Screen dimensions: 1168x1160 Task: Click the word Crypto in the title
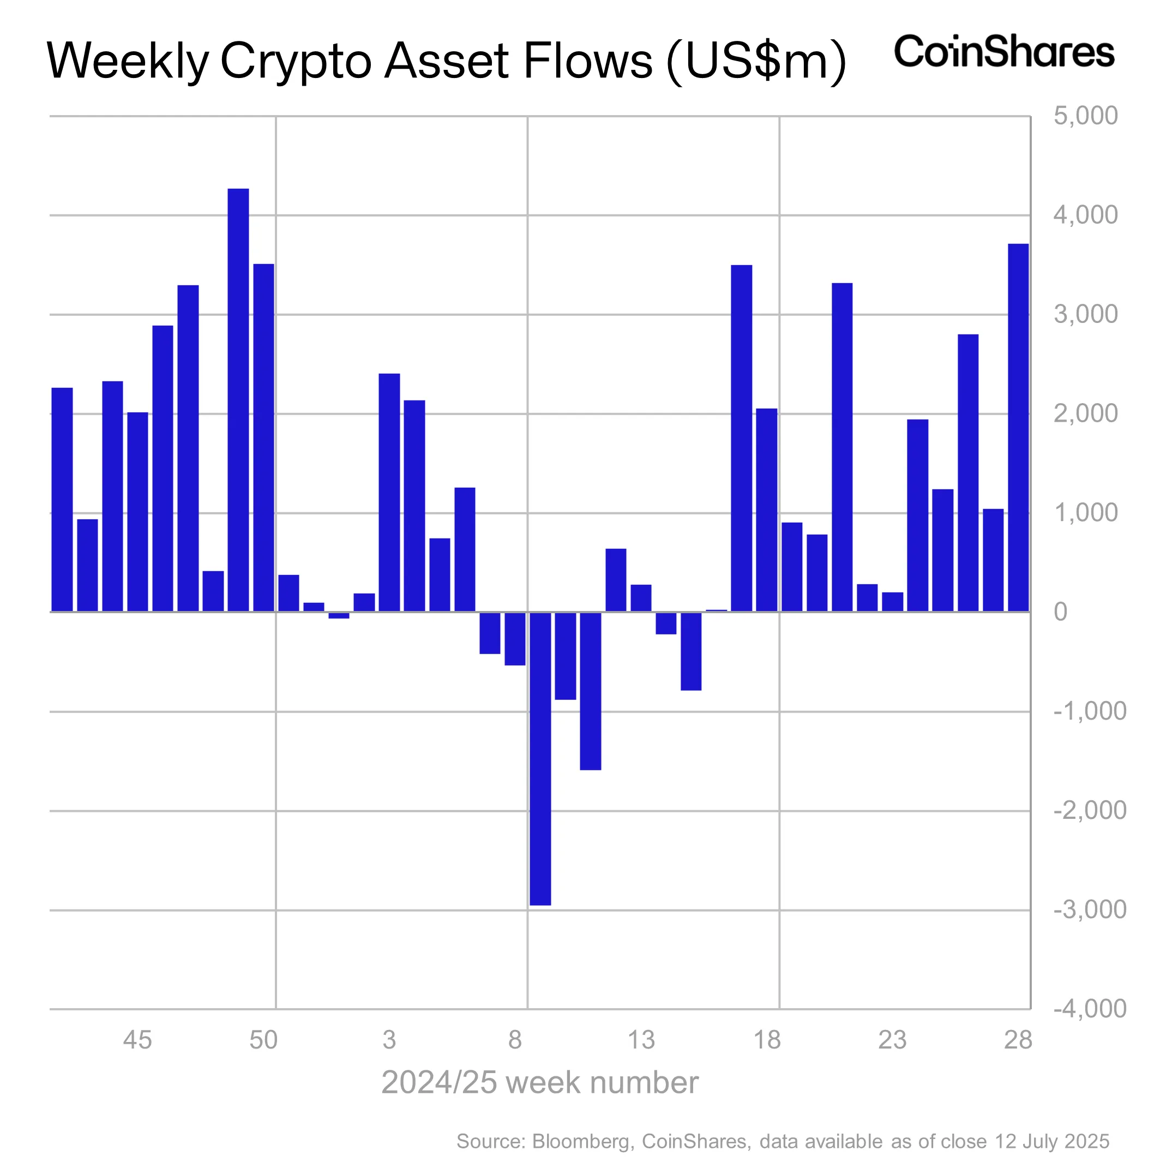[295, 62]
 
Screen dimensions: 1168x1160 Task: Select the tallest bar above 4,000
[238, 399]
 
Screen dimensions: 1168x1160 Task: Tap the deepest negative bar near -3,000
[540, 759]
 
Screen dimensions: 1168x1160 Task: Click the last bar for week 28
[1018, 427]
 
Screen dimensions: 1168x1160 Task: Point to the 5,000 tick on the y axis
[1085, 116]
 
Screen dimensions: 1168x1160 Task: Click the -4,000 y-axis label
[1089, 1008]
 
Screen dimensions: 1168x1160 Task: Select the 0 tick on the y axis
[1060, 612]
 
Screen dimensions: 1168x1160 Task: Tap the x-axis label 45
[137, 1040]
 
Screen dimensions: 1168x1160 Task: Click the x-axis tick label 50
[263, 1040]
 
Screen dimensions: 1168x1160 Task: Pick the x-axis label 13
[641, 1040]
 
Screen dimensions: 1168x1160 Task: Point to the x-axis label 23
[892, 1040]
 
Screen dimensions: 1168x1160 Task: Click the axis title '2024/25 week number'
[540, 1083]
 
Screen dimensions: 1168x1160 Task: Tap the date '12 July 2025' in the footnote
[1052, 1141]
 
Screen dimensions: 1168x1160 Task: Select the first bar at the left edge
[62, 499]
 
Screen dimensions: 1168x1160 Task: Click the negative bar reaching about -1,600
[591, 691]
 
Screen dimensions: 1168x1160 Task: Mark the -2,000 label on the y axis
[1089, 810]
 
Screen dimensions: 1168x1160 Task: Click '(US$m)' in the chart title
[755, 62]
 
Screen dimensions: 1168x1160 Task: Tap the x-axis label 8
[514, 1040]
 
